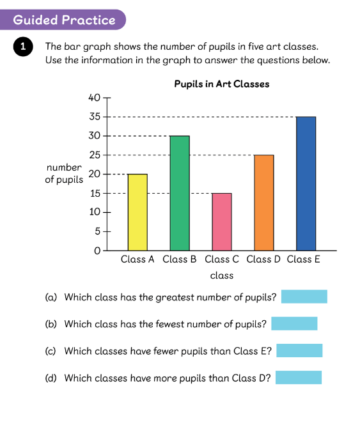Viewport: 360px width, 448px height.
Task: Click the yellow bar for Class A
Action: click(137, 212)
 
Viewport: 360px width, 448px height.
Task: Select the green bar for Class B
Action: click(180, 193)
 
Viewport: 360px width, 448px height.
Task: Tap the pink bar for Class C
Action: click(222, 222)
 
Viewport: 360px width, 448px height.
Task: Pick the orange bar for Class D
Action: click(264, 203)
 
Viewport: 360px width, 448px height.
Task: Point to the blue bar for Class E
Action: click(306, 183)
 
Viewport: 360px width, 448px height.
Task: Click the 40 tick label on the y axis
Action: click(95, 98)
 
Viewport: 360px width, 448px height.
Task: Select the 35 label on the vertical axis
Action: click(95, 116)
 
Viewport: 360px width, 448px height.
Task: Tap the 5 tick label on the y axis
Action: click(98, 231)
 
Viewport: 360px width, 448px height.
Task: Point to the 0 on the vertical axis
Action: click(97, 251)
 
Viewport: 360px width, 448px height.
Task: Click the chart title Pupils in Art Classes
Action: click(222, 84)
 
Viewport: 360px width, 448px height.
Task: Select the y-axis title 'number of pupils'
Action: click(64, 173)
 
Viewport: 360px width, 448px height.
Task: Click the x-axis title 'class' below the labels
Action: click(222, 275)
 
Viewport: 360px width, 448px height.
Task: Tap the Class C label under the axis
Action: click(222, 259)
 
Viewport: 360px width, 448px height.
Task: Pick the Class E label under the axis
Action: click(303, 259)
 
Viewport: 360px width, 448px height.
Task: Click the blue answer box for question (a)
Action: click(304, 297)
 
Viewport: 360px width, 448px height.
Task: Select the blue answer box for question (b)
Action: click(294, 323)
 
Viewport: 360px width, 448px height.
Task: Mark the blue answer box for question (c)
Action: click(299, 351)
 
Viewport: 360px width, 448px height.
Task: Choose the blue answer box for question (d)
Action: click(299, 378)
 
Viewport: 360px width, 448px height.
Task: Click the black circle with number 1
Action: click(23, 47)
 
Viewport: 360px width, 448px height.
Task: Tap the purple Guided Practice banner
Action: click(62, 20)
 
